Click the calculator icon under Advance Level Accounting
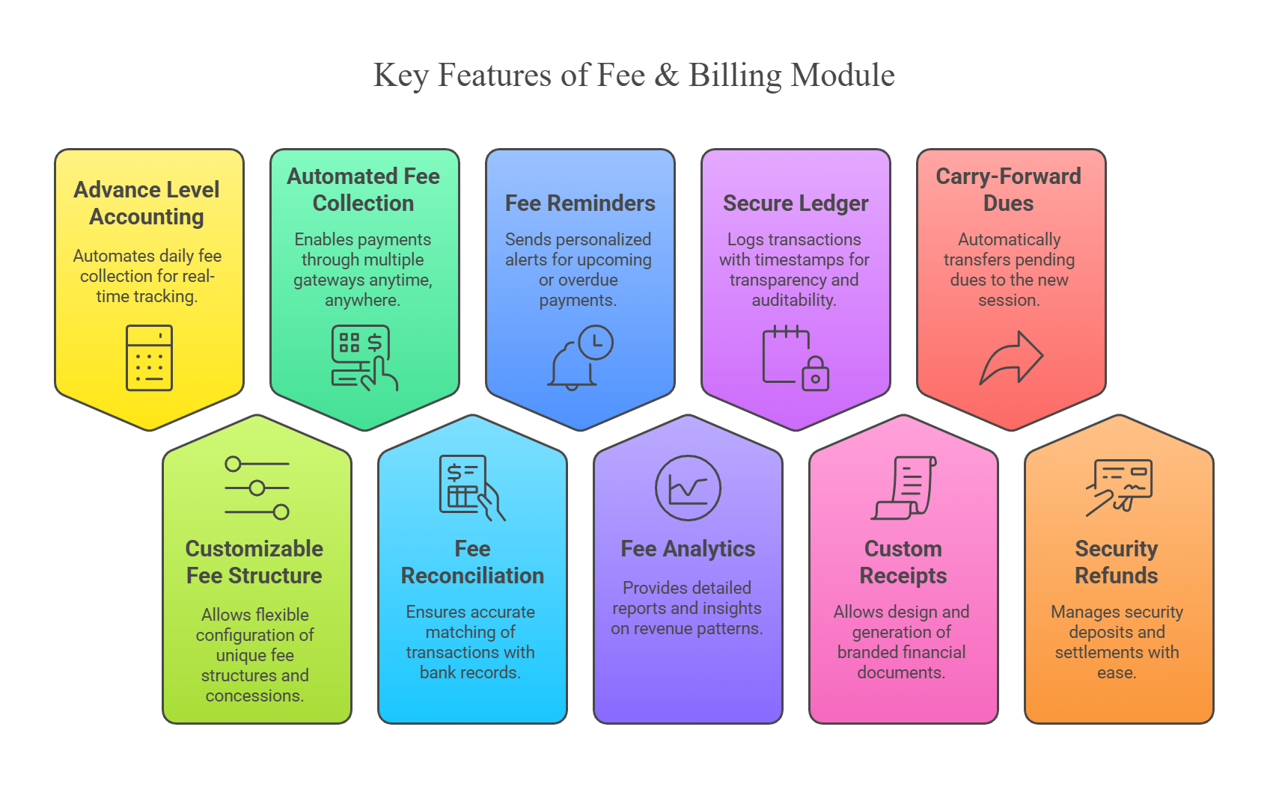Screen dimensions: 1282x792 click(149, 358)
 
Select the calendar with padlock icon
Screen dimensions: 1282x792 click(796, 358)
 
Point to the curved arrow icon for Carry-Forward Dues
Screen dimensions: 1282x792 click(1011, 358)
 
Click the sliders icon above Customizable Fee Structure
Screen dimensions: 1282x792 click(257, 488)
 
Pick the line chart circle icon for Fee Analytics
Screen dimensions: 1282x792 click(688, 488)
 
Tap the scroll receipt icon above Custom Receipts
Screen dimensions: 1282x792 click(904, 488)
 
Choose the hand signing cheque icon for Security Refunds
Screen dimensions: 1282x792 click(1119, 488)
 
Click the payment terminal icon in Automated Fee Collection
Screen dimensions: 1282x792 click(364, 358)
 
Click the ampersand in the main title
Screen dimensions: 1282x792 click(666, 75)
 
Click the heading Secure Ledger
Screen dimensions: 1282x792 click(796, 203)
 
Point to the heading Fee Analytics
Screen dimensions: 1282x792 click(688, 549)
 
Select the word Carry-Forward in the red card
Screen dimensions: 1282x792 click(1008, 176)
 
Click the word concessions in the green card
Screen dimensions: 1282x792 click(254, 696)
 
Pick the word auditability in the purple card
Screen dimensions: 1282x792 click(794, 300)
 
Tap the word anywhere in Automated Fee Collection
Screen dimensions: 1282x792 click(362, 300)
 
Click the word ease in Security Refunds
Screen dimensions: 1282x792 click(1117, 673)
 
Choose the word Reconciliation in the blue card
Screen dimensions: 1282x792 click(472, 576)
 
